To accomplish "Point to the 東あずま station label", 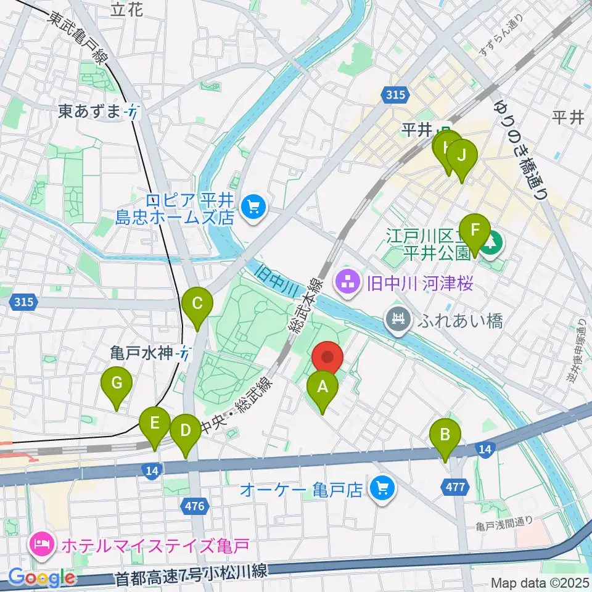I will click(90, 112).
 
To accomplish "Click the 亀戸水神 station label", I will click(144, 353).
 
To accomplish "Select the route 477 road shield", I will click(455, 487).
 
